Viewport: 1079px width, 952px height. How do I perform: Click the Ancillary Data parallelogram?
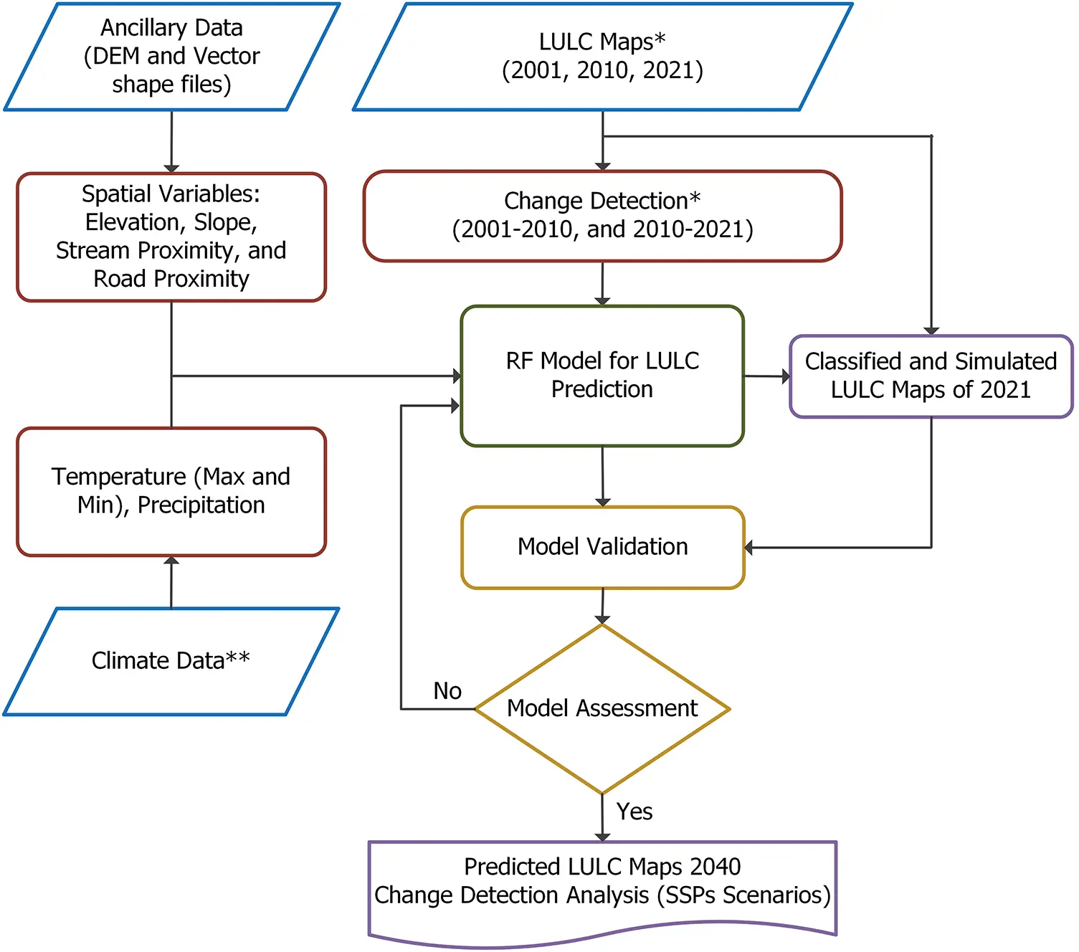click(x=171, y=57)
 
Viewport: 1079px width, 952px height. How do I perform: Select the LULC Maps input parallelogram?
click(x=602, y=57)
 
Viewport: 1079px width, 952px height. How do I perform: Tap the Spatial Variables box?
click(x=171, y=237)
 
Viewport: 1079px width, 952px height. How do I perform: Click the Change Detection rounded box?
click(x=602, y=215)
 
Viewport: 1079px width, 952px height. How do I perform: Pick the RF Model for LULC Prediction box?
click(x=602, y=375)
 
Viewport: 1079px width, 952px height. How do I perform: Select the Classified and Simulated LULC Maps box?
click(x=931, y=376)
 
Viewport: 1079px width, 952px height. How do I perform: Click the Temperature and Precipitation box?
click(x=171, y=491)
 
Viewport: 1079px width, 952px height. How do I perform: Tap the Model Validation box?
click(x=602, y=547)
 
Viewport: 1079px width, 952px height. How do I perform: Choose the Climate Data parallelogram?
click(x=171, y=660)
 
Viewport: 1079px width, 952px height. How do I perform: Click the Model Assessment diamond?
click(x=602, y=708)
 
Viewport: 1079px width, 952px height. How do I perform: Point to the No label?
click(x=447, y=691)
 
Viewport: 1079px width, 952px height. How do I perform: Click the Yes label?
click(x=634, y=811)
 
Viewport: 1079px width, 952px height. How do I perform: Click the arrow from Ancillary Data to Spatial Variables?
click(x=171, y=141)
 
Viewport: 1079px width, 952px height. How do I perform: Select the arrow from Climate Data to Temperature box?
click(x=171, y=582)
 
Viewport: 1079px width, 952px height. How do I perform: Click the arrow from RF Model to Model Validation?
click(x=602, y=476)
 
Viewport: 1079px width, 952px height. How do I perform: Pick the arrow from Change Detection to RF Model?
click(x=602, y=283)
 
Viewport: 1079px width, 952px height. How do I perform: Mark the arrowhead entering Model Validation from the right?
click(x=749, y=548)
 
